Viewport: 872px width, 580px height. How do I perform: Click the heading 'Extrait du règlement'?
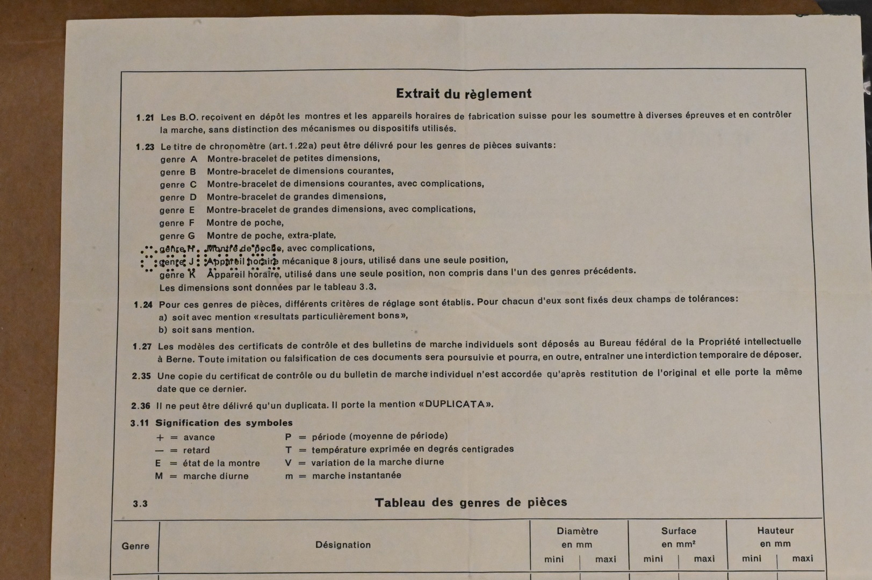(464, 93)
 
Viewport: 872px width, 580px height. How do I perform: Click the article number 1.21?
(145, 118)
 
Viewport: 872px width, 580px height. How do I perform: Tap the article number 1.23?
(145, 147)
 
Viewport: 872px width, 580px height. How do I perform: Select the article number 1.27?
(142, 346)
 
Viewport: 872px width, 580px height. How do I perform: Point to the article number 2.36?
(141, 406)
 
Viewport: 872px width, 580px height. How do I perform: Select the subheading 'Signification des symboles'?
(224, 423)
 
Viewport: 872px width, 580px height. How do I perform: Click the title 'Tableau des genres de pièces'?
(471, 503)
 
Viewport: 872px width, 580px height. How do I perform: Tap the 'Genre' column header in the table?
(135, 546)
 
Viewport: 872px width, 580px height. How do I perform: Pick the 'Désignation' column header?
(343, 545)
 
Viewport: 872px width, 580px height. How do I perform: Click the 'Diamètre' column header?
(577, 531)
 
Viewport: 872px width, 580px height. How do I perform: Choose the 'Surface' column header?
(679, 531)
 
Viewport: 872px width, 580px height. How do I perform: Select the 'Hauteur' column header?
(775, 530)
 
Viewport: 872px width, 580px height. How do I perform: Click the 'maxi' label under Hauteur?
(802, 559)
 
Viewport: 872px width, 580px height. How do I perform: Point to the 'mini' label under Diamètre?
(554, 559)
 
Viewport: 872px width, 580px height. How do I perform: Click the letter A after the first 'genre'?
(194, 159)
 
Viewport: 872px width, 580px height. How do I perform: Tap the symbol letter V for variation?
(289, 462)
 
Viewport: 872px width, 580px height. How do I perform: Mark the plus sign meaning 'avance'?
(160, 437)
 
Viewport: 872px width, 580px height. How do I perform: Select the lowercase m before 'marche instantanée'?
(289, 476)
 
